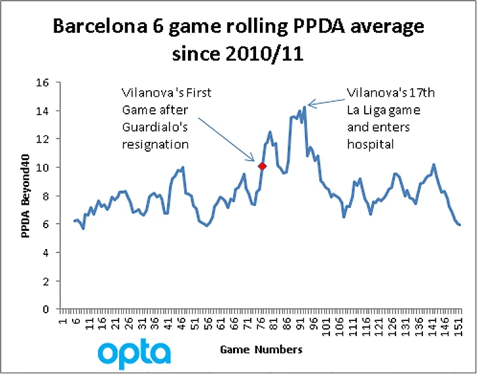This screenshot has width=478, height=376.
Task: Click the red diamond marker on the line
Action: point(262,167)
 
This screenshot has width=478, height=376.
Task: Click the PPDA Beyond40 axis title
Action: point(26,196)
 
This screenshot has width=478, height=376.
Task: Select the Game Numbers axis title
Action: point(261,350)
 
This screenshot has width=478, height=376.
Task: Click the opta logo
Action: point(134,353)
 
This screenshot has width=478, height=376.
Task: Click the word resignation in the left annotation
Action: point(155,144)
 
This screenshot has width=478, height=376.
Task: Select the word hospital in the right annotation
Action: point(371,144)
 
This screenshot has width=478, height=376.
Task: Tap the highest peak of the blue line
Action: point(304,106)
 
